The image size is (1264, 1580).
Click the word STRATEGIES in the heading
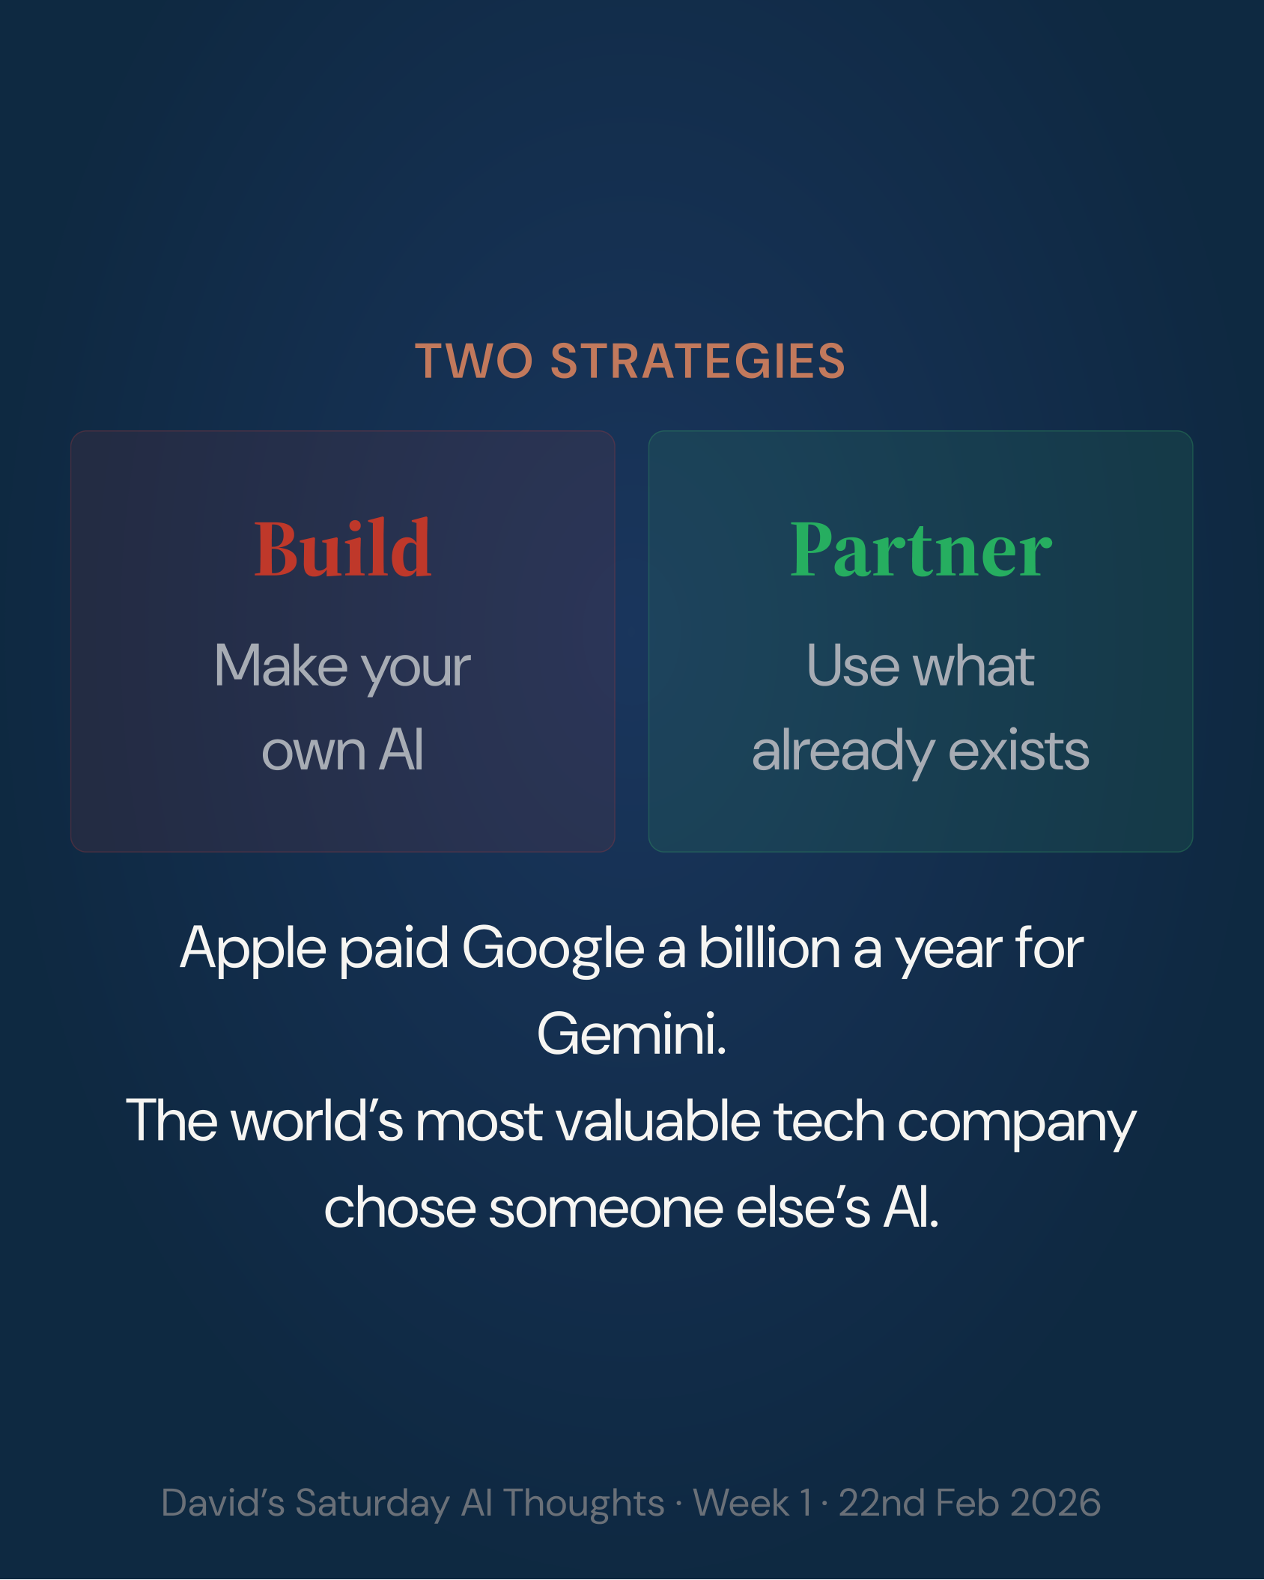pos(698,362)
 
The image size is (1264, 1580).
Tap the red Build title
pos(343,550)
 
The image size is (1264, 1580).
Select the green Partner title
pos(921,550)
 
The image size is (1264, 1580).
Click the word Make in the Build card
pos(281,665)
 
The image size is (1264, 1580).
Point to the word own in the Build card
pos(313,751)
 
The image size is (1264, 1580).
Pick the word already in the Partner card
pos(842,751)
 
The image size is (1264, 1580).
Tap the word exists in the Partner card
pos(1018,751)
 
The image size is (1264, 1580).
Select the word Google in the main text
pos(553,948)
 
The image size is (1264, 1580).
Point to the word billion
pos(769,948)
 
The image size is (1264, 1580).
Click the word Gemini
pos(631,1034)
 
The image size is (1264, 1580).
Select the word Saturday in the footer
pos(372,1503)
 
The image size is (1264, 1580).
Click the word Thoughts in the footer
pos(583,1503)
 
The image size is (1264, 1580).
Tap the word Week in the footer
pos(741,1503)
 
